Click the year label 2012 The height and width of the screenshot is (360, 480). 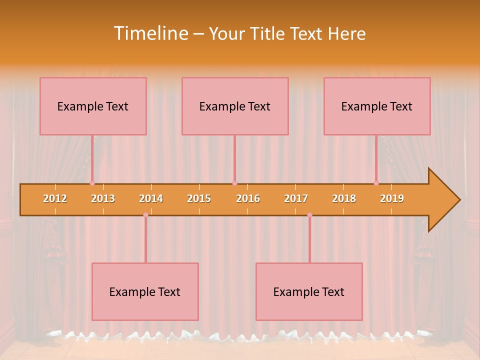pos(55,198)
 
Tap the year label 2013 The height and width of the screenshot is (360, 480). pos(103,198)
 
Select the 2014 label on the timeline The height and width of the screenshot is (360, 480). pos(151,198)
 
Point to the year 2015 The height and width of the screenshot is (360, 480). pos(199,198)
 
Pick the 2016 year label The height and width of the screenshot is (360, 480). pos(248,198)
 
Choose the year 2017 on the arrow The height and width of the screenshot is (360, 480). pos(296,198)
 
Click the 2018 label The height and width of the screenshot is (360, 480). pos(344,198)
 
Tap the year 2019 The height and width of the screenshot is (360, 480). pos(392,198)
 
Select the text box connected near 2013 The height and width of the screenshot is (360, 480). pos(93,106)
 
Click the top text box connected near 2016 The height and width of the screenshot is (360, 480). pos(235,106)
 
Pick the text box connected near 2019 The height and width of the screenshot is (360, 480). pos(377,106)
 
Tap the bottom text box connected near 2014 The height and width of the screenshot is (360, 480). pos(145,291)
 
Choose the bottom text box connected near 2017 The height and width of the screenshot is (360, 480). pos(309,291)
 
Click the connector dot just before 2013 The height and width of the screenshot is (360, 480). pos(92,183)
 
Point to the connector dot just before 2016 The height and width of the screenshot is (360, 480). pos(234,183)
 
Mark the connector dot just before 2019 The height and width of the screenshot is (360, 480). pos(376,183)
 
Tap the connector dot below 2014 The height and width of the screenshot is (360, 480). pos(145,215)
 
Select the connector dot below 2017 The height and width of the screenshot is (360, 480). pos(309,215)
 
